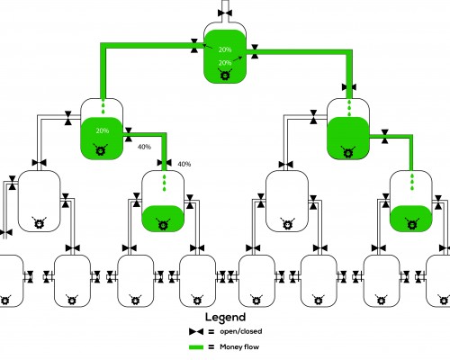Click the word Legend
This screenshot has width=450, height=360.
(x=225, y=318)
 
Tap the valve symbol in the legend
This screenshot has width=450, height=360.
(x=196, y=331)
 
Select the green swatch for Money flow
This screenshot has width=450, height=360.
(x=196, y=347)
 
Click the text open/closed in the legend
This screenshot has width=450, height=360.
(x=241, y=331)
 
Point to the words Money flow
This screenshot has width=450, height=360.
(x=239, y=347)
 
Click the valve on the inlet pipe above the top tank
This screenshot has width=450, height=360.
(x=225, y=13)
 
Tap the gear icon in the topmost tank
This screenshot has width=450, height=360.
(x=225, y=75)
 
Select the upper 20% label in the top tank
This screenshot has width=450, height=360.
(x=225, y=49)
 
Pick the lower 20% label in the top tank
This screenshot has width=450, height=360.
(x=225, y=63)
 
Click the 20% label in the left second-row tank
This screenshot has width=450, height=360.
(x=103, y=130)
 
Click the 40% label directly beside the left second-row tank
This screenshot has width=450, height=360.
(x=144, y=147)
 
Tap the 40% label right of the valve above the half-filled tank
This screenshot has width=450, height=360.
(x=184, y=165)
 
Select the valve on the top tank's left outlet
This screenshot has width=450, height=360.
(x=194, y=46)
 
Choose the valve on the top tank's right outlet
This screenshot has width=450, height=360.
(x=255, y=51)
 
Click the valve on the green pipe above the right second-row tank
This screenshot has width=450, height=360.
(x=349, y=87)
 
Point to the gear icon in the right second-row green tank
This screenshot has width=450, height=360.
(x=348, y=152)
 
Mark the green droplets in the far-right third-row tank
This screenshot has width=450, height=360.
(x=412, y=182)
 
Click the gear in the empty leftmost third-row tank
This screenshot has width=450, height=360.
(x=39, y=222)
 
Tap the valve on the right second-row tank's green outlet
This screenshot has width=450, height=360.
(x=385, y=137)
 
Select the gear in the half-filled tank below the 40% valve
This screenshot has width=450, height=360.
(x=163, y=224)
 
